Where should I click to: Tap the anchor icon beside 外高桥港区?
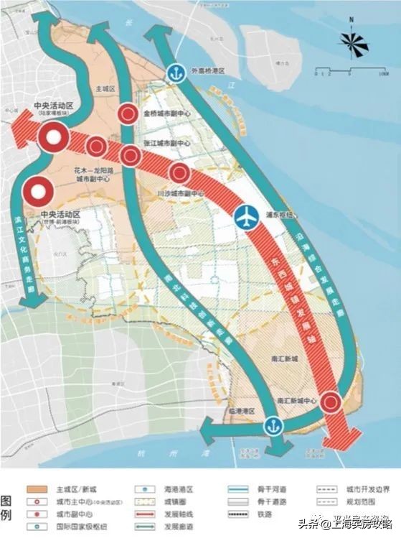tap(176, 72)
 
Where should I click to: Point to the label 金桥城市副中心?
tap(166, 113)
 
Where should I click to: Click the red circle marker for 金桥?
tap(128, 113)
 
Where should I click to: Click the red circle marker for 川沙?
tap(179, 172)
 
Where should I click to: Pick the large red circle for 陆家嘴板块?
tap(53, 138)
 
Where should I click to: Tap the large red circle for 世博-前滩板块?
tap(38, 192)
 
